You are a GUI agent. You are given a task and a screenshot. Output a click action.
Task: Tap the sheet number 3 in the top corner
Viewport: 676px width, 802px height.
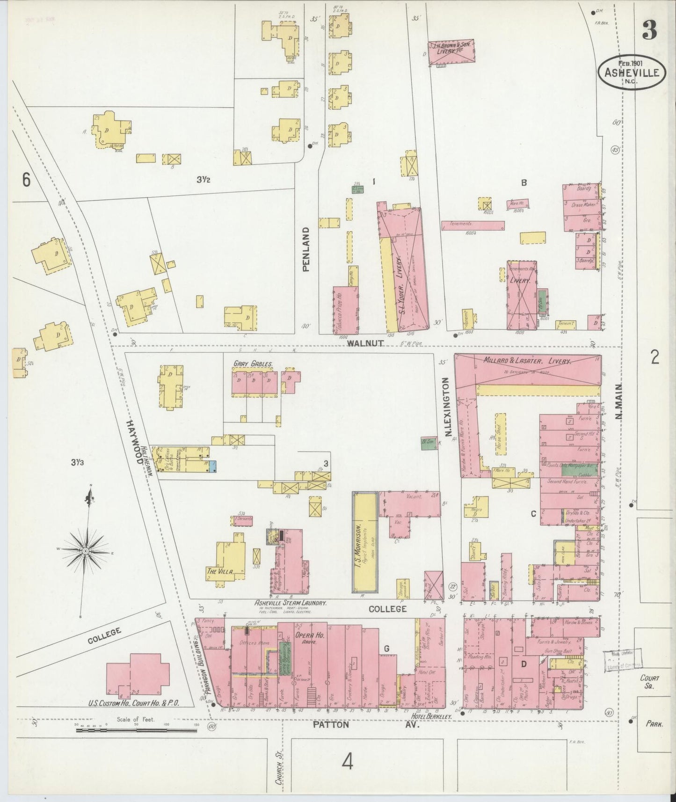pyautogui.click(x=649, y=30)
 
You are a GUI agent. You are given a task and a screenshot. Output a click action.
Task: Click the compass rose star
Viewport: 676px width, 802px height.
pyautogui.click(x=86, y=552)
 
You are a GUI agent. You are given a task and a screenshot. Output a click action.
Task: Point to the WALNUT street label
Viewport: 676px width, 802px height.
pyautogui.click(x=365, y=343)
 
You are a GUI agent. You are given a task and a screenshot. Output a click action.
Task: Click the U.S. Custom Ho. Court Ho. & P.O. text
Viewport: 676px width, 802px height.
pyautogui.click(x=134, y=703)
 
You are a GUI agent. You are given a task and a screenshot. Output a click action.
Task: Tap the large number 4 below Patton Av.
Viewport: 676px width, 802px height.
pyautogui.click(x=347, y=762)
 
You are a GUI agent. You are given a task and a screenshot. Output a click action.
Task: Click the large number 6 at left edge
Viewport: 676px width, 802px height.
pyautogui.click(x=26, y=180)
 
